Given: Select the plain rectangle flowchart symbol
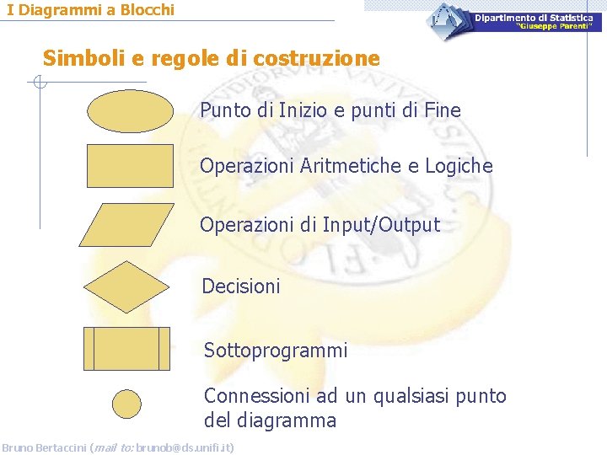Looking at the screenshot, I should click(x=129, y=165).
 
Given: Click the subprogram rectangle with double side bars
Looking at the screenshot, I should click(x=127, y=349).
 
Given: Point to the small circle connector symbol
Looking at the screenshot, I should click(x=127, y=404).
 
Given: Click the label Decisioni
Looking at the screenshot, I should click(x=241, y=286).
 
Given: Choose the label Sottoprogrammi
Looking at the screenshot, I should click(x=276, y=350).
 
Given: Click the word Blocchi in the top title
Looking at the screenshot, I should click(x=144, y=10).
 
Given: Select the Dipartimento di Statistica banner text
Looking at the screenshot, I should click(x=533, y=18).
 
